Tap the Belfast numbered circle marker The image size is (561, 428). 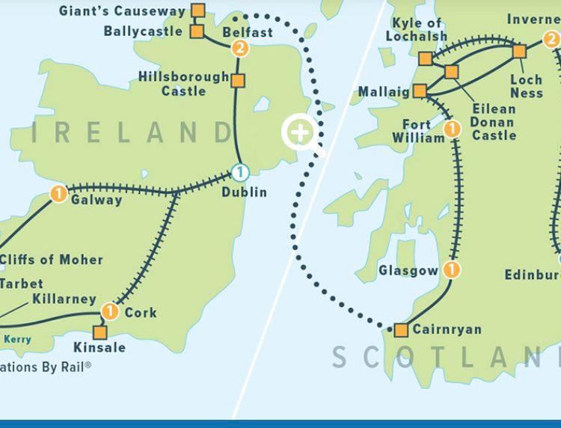pyautogui.click(x=240, y=49)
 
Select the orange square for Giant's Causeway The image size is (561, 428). pyautogui.click(x=197, y=10)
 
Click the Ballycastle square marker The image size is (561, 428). pyautogui.click(x=197, y=31)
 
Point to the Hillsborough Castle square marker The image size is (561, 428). pyautogui.click(x=238, y=81)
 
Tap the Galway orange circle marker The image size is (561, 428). pyautogui.click(x=58, y=194)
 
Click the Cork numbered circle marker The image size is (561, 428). pyautogui.click(x=110, y=311)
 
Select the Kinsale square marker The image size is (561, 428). pyautogui.click(x=99, y=332)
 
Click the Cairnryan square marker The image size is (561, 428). pyautogui.click(x=401, y=330)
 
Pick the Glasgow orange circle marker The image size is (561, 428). pyautogui.click(x=451, y=269)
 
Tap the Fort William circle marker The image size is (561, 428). pyautogui.click(x=451, y=130)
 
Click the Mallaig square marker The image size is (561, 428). pyautogui.click(x=420, y=91)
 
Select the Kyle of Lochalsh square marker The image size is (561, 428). pyautogui.click(x=426, y=58)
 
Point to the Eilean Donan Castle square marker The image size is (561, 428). pyautogui.click(x=451, y=72)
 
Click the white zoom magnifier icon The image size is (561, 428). pyautogui.click(x=300, y=135)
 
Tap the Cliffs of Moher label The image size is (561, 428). pyautogui.click(x=52, y=260)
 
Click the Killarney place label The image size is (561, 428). pyautogui.click(x=64, y=299)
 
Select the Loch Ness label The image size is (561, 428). pyautogui.click(x=526, y=86)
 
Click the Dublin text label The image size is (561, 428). pyautogui.click(x=244, y=193)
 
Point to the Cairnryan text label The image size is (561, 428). pyautogui.click(x=447, y=330)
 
